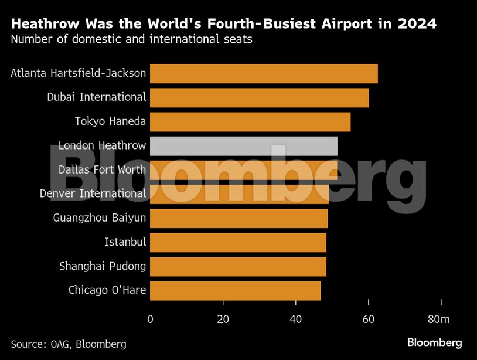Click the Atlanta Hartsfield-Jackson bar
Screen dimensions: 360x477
coord(264,73)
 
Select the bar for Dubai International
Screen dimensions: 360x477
coord(260,97)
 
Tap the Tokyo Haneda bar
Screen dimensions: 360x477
coord(250,121)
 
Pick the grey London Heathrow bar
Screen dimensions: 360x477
coord(244,146)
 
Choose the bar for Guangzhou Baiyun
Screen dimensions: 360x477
coord(238,218)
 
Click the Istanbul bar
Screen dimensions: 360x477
coord(238,242)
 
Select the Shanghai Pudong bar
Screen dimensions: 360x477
coord(238,266)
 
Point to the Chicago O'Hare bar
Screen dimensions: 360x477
coord(235,290)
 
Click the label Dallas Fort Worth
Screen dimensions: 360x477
coord(102,169)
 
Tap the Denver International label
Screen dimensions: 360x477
coord(93,193)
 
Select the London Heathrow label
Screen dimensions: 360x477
coord(102,145)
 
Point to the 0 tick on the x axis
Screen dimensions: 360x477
coord(151,319)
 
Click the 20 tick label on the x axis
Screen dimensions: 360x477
coord(223,319)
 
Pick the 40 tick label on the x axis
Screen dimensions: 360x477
coord(295,319)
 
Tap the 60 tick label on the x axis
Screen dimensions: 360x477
coord(368,319)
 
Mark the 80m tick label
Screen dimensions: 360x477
coord(439,319)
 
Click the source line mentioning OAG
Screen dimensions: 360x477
coord(68,344)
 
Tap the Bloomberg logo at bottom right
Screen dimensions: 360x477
coord(434,342)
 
